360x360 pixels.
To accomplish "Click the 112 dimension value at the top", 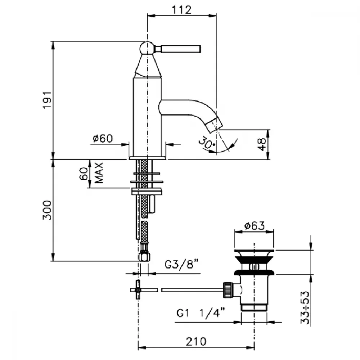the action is (181, 10).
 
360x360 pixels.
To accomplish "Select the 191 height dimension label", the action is (47, 100).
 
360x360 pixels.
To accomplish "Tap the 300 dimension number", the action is (47, 210).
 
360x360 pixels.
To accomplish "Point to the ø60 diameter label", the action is (103, 139).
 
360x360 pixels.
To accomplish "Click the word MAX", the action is (99, 173).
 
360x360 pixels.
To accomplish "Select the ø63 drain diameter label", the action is (255, 226).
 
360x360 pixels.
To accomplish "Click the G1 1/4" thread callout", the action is (201, 313).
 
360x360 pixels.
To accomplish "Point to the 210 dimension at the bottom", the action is (196, 341).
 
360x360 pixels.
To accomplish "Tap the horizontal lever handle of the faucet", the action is (178, 49).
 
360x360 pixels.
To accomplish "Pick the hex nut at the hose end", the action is (144, 257).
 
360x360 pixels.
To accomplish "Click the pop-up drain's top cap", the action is (254, 253).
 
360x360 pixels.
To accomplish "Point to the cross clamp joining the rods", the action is (138, 290).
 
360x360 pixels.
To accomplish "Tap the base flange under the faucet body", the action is (147, 158).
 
